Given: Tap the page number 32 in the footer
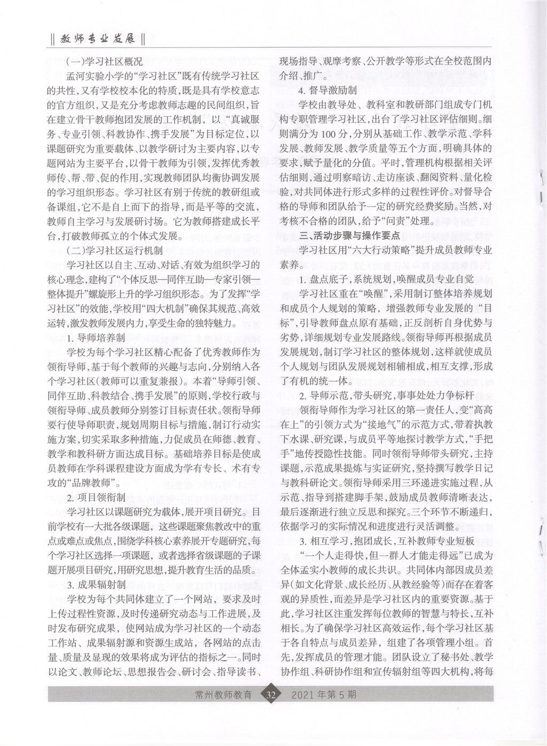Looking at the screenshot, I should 270,695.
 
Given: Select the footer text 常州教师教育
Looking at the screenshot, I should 224,695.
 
